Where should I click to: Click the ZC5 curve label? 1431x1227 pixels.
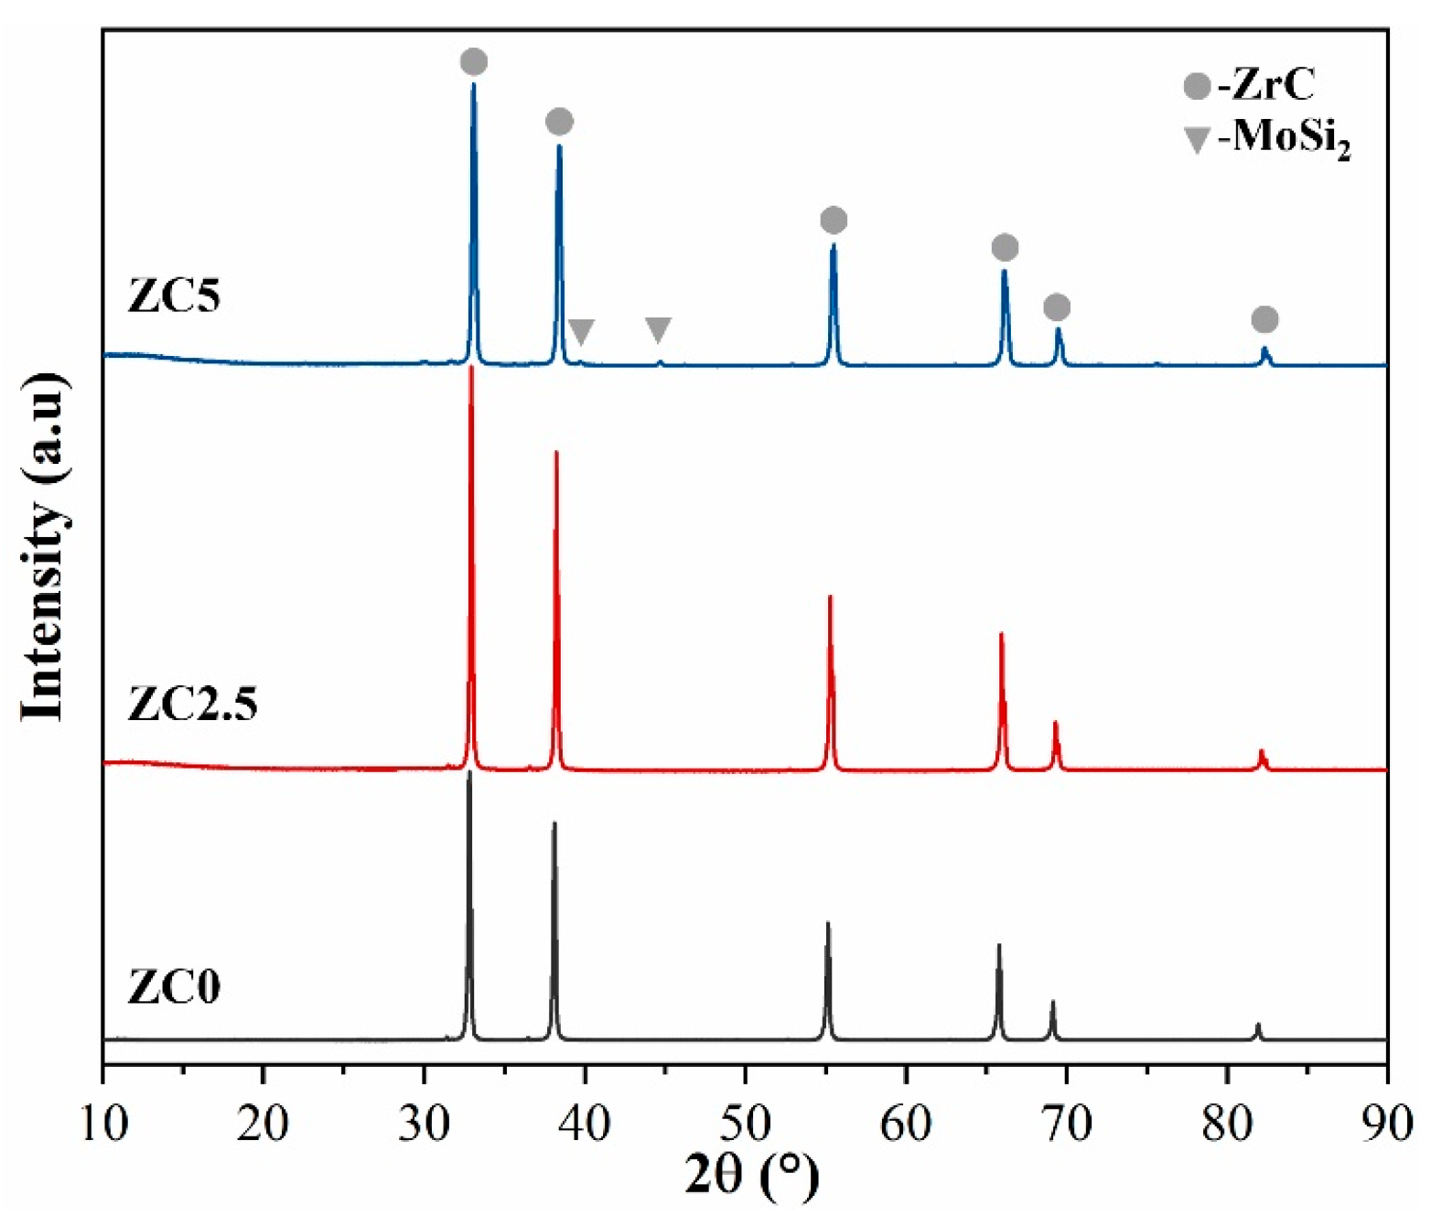(x=174, y=296)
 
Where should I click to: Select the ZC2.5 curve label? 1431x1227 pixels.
(x=192, y=704)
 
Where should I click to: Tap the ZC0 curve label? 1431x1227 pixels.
(x=174, y=986)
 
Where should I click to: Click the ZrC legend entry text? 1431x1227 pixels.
(x=1265, y=85)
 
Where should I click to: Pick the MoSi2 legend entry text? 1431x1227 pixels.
(x=1283, y=138)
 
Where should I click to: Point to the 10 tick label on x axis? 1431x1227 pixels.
(x=103, y=1123)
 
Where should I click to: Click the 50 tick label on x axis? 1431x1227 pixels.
(x=746, y=1123)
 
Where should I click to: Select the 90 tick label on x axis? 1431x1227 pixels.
(x=1387, y=1123)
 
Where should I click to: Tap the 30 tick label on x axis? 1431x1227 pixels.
(x=425, y=1123)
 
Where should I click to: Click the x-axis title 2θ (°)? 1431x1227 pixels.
(x=751, y=1175)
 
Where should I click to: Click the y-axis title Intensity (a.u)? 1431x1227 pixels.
(x=44, y=547)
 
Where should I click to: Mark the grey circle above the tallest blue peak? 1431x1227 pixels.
(x=473, y=62)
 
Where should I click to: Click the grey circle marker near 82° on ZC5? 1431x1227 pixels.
(x=1264, y=319)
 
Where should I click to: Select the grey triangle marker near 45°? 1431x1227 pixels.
(x=658, y=329)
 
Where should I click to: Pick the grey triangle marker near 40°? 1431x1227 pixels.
(x=581, y=331)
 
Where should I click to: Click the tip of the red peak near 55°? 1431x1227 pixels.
(x=830, y=597)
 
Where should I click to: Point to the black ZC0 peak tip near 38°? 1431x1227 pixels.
(x=554, y=823)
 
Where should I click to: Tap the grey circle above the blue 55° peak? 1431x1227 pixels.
(x=834, y=221)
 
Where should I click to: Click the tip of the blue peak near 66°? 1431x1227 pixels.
(x=1004, y=271)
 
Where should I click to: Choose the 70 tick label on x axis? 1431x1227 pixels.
(x=1067, y=1123)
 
